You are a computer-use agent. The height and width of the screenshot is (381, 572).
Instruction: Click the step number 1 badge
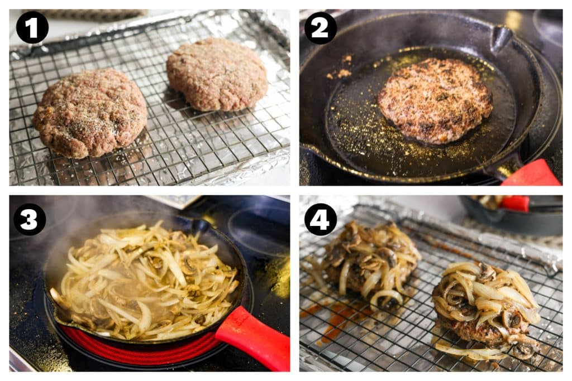point(32,27)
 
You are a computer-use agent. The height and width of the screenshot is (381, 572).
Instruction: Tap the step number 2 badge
point(320,28)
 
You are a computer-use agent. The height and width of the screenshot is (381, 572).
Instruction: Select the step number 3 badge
point(30,219)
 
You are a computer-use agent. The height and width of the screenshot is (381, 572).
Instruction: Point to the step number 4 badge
point(320,219)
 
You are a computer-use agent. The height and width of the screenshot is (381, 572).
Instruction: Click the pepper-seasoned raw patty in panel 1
point(90,113)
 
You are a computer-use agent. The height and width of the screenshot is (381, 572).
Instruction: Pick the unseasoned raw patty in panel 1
point(217,74)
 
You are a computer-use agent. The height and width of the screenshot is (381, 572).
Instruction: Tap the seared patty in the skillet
point(435,100)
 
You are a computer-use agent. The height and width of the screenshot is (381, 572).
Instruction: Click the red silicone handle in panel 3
point(254,337)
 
